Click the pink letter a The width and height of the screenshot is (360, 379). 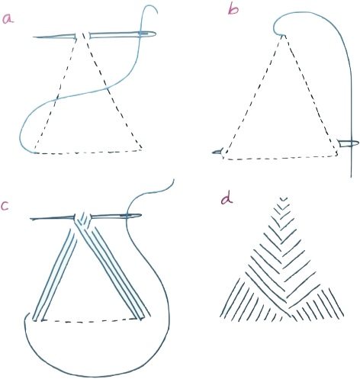tap(8, 19)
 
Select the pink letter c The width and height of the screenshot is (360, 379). tap(5, 206)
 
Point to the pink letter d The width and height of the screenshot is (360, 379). tap(227, 199)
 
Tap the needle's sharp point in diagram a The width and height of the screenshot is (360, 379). tap(34, 37)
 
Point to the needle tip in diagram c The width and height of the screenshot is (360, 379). tap(31, 219)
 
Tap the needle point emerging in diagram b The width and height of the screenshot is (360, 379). tap(213, 153)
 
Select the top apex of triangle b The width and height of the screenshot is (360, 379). tap(282, 36)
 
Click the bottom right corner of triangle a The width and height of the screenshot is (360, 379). tap(141, 149)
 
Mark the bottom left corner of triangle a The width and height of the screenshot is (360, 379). tap(34, 153)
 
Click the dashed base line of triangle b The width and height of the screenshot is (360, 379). tap(280, 159)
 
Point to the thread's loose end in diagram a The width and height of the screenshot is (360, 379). tap(157, 12)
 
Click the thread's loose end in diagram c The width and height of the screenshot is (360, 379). tap(174, 180)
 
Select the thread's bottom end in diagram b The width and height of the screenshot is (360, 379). tap(351, 177)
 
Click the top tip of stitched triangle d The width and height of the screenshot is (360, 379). tap(284, 198)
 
